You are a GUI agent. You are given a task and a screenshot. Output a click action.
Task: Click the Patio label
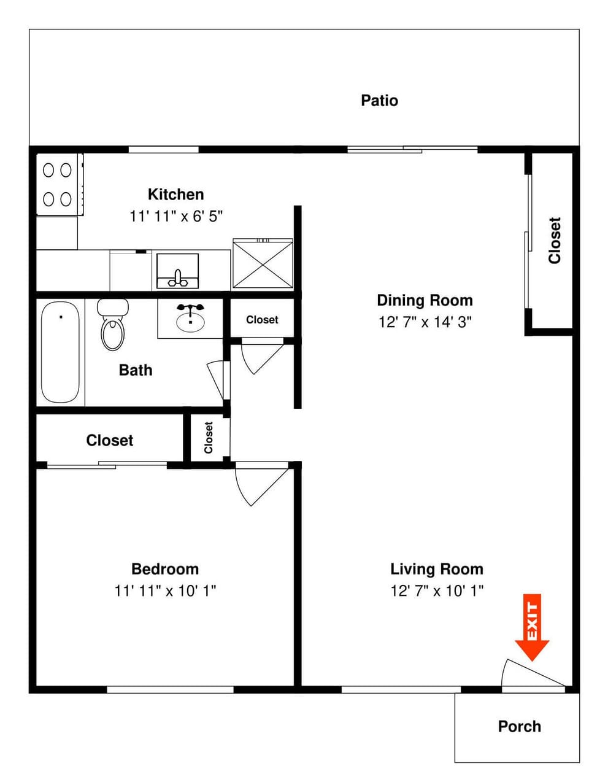tap(379, 101)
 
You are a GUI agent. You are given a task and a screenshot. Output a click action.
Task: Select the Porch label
tap(519, 727)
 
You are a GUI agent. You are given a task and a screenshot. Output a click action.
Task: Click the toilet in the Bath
tap(113, 325)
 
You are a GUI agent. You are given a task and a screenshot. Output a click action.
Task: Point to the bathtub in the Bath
tap(60, 352)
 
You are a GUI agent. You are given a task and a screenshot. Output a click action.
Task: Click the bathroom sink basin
tap(191, 320)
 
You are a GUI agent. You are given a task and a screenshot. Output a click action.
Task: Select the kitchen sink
tap(177, 271)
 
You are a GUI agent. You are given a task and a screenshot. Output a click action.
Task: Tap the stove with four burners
tap(57, 184)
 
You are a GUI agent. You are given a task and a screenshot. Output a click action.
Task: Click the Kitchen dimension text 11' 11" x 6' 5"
tap(175, 216)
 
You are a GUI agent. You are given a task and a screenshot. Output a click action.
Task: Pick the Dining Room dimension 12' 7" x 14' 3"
tap(425, 322)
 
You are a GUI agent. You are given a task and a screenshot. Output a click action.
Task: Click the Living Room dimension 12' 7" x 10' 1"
tap(437, 590)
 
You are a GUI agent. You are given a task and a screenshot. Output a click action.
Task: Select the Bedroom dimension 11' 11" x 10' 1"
tap(165, 590)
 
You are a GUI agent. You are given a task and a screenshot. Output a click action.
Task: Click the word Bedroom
tap(165, 569)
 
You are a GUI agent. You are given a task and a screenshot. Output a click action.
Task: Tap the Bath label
tap(136, 370)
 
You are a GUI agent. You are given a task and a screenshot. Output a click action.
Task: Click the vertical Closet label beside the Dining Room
tap(555, 241)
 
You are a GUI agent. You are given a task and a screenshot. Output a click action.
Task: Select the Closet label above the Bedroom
tap(109, 440)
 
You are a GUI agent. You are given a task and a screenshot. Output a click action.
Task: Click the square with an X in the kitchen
tap(263, 264)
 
